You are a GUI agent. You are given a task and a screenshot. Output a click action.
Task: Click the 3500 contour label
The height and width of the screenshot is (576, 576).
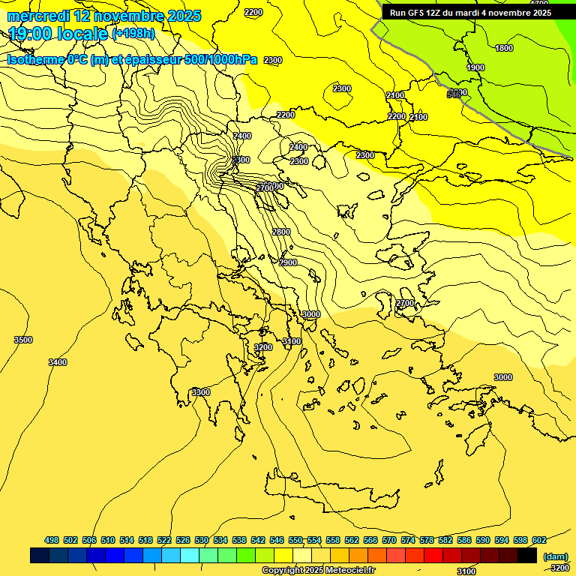click(x=23, y=340)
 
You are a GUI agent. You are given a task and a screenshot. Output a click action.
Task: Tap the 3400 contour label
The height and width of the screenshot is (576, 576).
click(x=57, y=362)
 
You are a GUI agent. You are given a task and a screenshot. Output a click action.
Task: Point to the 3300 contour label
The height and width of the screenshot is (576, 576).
click(x=200, y=392)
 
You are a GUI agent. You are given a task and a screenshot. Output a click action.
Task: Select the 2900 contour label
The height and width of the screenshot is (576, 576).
click(x=288, y=262)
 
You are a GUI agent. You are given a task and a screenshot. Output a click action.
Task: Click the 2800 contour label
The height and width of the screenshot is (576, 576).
click(x=281, y=232)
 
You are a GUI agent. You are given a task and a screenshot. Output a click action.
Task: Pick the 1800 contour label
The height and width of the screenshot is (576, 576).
click(x=504, y=48)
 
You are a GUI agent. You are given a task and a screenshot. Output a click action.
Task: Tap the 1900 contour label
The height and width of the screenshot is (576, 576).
click(x=475, y=67)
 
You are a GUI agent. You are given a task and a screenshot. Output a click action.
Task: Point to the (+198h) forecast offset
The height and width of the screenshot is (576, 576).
click(x=133, y=34)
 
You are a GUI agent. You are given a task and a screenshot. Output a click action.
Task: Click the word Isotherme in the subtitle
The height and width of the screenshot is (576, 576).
click(x=35, y=60)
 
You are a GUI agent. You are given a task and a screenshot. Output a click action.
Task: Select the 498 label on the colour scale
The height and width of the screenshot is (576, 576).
click(x=52, y=540)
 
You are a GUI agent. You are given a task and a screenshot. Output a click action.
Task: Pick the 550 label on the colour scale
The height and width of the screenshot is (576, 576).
click(x=295, y=540)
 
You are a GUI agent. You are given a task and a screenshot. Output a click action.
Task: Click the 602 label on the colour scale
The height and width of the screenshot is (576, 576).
click(x=539, y=540)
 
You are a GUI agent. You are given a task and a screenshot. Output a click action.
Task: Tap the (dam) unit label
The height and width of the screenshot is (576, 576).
click(x=554, y=556)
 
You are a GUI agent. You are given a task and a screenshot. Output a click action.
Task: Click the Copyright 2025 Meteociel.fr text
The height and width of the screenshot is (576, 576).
click(x=318, y=571)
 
